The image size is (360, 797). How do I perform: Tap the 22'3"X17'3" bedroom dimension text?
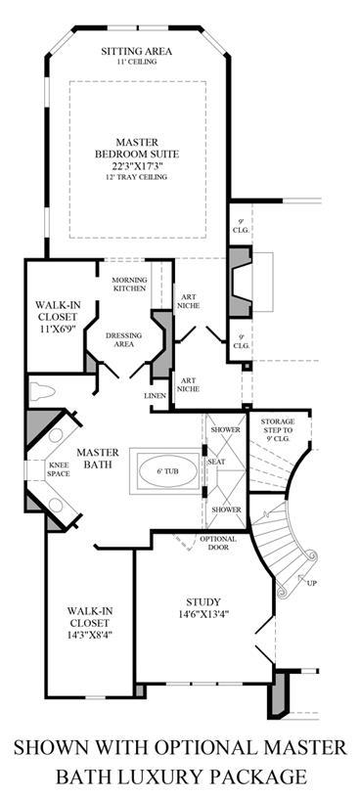coord(137,165)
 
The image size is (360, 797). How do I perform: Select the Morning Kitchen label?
coord(130,285)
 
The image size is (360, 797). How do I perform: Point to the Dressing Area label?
coord(124,339)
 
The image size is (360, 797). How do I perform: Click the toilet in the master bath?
coord(42,392)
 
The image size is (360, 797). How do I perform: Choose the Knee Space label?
coord(59,469)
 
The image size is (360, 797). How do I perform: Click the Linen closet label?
coord(156,395)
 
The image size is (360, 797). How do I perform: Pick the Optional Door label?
coord(218,543)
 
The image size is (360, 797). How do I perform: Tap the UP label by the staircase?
coord(312,583)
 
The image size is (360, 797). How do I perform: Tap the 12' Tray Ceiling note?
coord(136,177)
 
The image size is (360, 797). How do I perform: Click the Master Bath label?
coord(98,458)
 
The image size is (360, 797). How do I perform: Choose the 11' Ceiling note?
coord(136,62)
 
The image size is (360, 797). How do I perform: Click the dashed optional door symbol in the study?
coord(185,542)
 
